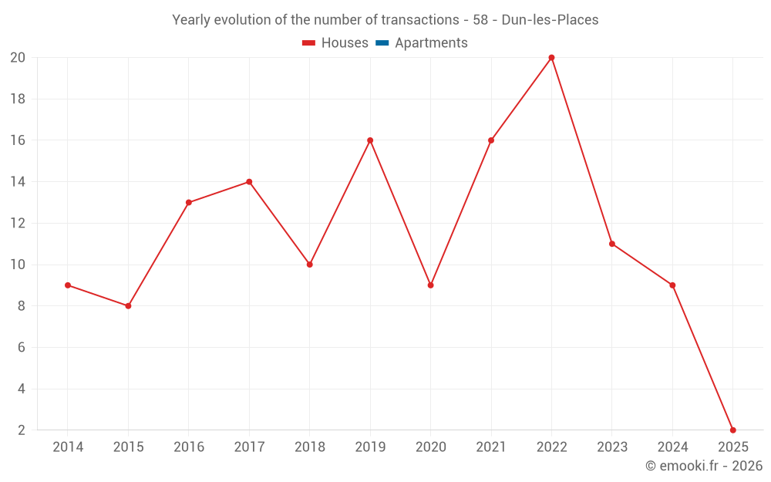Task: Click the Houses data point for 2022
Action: pos(551,58)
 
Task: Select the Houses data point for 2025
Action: pos(732,430)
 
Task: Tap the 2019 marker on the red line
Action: pos(370,140)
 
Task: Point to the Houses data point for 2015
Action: pos(128,306)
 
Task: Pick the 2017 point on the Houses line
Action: pos(249,182)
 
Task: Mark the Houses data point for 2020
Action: pos(430,285)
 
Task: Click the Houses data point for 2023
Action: pos(612,244)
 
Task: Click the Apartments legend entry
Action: pos(431,43)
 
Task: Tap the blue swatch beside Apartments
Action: pos(381,43)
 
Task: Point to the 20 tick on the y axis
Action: pos(18,58)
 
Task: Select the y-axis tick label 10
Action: pos(18,265)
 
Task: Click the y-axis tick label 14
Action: pos(18,182)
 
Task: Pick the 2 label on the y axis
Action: pos(21,430)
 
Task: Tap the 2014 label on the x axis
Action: pos(68,447)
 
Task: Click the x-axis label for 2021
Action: pos(491,447)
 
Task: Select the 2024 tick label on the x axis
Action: pos(672,447)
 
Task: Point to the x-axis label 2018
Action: pos(309,447)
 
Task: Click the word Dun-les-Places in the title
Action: pos(550,20)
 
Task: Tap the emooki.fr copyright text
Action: pos(704,466)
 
